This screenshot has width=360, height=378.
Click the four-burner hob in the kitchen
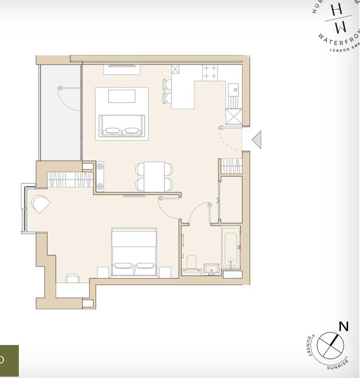pyautogui.click(x=210, y=72)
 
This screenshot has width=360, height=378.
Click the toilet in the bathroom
pyautogui.click(x=192, y=263)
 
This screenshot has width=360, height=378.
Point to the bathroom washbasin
pyautogui.click(x=211, y=269)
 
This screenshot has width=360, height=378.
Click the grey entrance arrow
pyautogui.click(x=257, y=140)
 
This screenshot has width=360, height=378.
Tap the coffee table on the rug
pyautogui.click(x=122, y=96)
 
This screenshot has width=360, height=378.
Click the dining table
pyautogui.click(x=154, y=176)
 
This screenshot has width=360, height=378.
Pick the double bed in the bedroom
pyautogui.click(x=134, y=253)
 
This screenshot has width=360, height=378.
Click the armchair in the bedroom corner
pyautogui.click(x=41, y=204)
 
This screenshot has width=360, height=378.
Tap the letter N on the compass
pyautogui.click(x=344, y=326)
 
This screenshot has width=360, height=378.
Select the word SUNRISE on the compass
pyautogui.click(x=338, y=364)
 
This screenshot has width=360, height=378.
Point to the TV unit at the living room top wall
pyautogui.click(x=122, y=70)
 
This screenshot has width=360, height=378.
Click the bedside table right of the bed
pyautogui.click(x=165, y=272)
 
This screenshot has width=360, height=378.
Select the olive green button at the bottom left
pyautogui.click(x=9, y=361)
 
